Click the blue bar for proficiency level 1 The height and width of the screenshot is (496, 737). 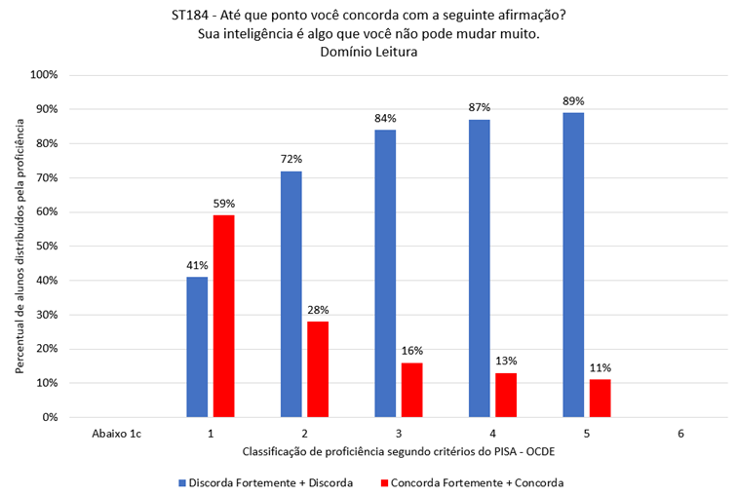[x=196, y=347]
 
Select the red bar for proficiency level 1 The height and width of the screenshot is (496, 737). [x=223, y=316]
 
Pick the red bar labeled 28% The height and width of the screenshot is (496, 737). [x=318, y=369]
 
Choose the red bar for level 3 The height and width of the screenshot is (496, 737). [x=411, y=390]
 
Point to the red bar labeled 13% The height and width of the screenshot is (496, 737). [x=506, y=395]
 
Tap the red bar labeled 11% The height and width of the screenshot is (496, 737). [x=600, y=399]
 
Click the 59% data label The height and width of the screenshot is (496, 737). [x=224, y=204]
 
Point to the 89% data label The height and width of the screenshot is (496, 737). [x=573, y=100]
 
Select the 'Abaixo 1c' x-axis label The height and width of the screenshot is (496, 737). [x=115, y=433]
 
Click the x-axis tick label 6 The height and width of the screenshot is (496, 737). [x=680, y=433]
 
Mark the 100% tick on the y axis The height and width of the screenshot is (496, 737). [x=45, y=75]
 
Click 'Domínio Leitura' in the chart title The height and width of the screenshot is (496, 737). [x=368, y=53]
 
